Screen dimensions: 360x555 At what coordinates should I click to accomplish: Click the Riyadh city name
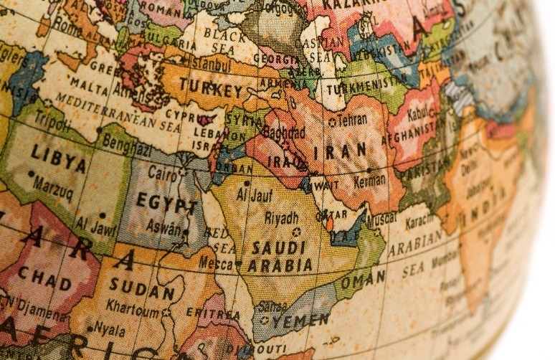[x=282, y=217]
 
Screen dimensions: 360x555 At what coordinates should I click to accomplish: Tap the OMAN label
[x=362, y=280]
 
